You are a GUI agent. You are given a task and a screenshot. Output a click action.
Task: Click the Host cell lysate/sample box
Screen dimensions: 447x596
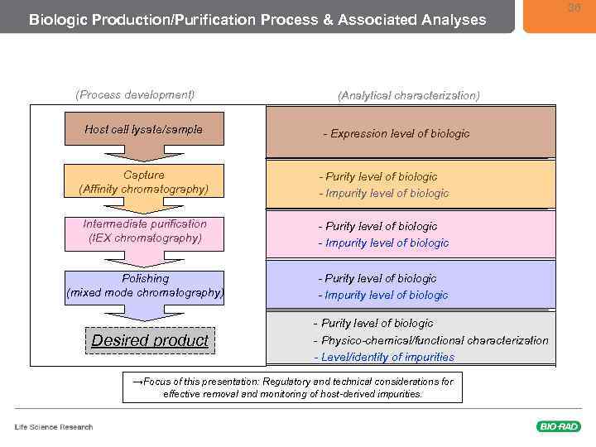coord(144,129)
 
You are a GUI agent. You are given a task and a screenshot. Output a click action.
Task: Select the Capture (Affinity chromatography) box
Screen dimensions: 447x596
coord(144,182)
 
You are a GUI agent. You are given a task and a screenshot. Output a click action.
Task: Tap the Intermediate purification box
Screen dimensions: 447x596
coord(144,231)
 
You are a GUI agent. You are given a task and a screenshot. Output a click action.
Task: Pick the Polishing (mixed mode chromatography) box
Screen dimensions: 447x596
coord(144,286)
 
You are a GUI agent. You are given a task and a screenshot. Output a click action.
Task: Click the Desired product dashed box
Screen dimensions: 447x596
coord(150,340)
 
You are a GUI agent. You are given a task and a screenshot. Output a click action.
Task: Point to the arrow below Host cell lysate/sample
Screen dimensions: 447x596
coord(144,155)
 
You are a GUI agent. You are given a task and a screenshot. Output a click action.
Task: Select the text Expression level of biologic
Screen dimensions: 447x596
coord(399,133)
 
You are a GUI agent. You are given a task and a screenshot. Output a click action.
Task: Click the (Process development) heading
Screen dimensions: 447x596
coord(135,94)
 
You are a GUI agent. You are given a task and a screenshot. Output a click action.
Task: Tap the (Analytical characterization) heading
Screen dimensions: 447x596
coord(408,95)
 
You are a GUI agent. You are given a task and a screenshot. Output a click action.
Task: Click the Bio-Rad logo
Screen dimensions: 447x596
coord(558,426)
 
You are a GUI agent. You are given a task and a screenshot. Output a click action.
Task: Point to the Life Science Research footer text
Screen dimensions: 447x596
coord(54,427)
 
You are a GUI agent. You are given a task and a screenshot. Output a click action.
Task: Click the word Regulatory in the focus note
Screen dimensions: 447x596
coord(290,382)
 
